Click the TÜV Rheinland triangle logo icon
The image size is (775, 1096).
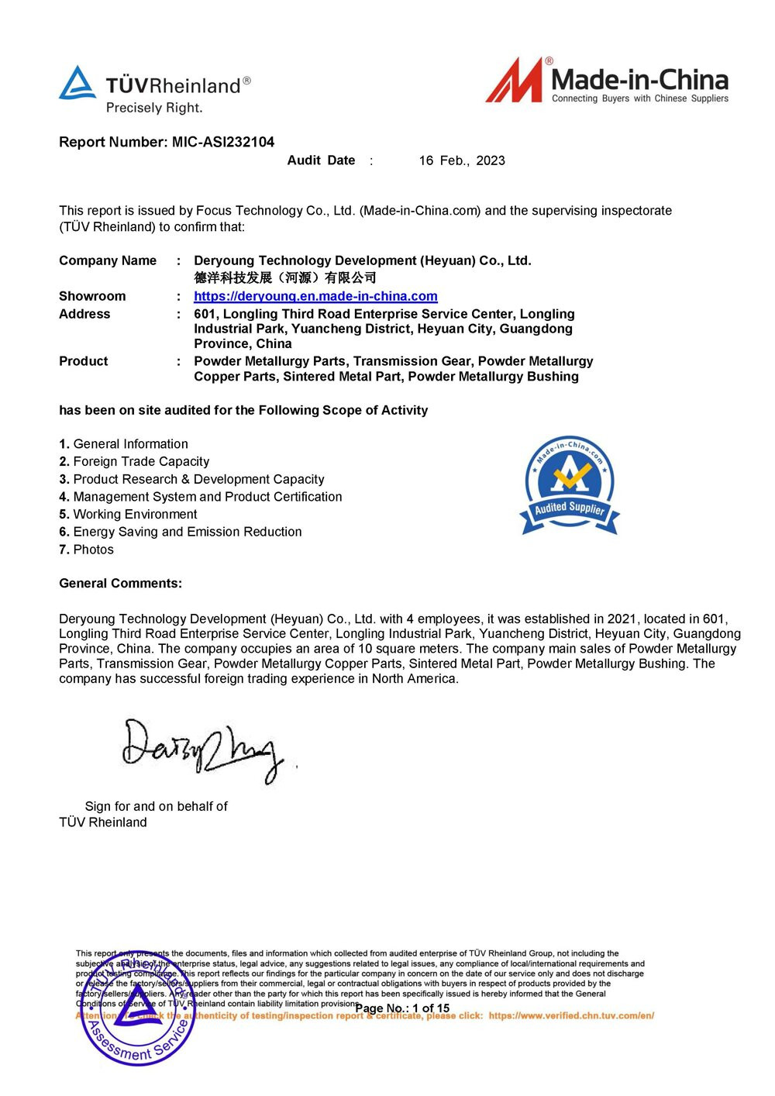click(77, 84)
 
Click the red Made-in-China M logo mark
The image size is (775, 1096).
click(515, 81)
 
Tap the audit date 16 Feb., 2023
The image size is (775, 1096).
click(462, 160)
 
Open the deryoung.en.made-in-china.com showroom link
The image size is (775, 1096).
click(315, 296)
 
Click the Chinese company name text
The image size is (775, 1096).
click(284, 277)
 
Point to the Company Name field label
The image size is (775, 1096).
click(108, 260)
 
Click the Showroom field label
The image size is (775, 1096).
click(92, 296)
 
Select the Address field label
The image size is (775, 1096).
click(84, 314)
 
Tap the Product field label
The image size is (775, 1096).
click(84, 361)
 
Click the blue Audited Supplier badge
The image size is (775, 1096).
click(570, 485)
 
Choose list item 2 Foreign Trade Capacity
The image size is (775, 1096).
click(134, 461)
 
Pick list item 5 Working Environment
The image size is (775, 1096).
click(128, 514)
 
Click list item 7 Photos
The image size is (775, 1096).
click(86, 550)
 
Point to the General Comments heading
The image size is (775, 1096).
click(120, 583)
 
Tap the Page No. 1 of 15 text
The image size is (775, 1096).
click(402, 1008)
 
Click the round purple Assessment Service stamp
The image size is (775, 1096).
click(137, 1012)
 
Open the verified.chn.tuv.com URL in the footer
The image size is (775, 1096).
click(571, 1015)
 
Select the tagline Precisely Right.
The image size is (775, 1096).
click(154, 108)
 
